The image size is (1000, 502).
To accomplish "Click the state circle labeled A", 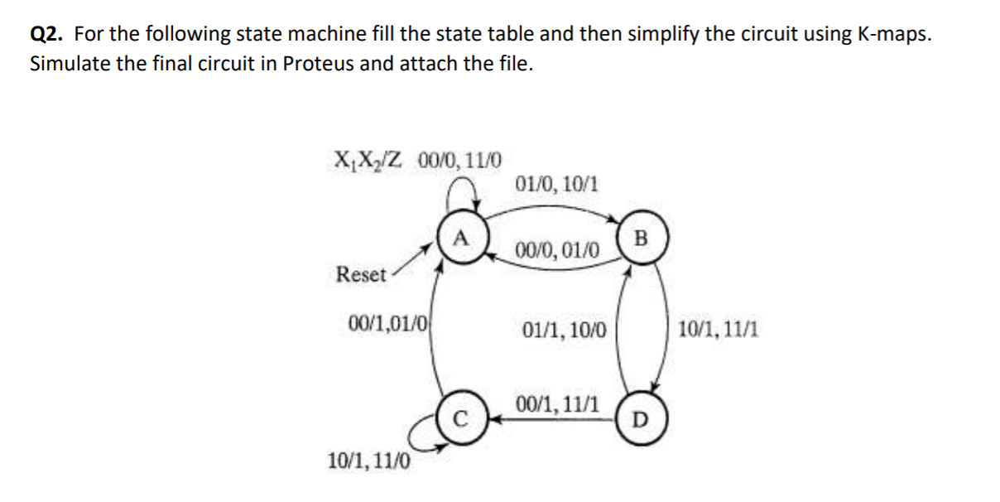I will [462, 240].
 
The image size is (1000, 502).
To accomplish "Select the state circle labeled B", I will [639, 240].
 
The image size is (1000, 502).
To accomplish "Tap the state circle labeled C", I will [464, 416].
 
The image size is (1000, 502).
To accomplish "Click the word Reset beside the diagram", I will [361, 274].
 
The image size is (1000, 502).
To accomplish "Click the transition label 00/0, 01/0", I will [557, 249].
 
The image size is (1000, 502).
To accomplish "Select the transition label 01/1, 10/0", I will [565, 331].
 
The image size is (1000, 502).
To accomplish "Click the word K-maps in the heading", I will [898, 34].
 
